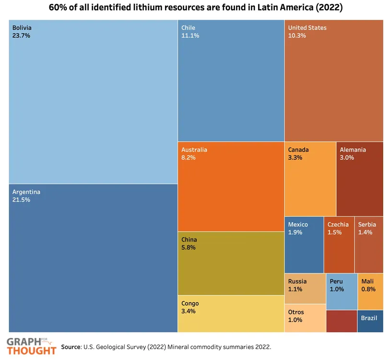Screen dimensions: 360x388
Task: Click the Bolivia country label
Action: [22, 28]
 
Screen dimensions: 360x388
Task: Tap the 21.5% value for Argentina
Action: [21, 200]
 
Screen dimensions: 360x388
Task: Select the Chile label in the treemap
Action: [188, 28]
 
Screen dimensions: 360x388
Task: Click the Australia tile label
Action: [194, 150]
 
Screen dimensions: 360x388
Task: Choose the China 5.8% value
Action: [188, 248]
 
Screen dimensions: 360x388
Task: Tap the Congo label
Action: [190, 303]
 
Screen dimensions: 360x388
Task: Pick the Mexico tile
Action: [304, 245]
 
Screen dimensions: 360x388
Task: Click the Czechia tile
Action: [339, 245]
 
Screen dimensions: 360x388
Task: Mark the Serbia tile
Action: [369, 245]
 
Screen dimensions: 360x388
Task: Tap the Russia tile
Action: [305, 288]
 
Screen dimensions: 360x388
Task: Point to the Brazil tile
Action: [370, 321]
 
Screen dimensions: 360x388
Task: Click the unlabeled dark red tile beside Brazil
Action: [341, 321]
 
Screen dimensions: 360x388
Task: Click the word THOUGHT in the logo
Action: [31, 350]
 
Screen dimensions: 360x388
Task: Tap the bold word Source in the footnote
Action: [71, 346]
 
